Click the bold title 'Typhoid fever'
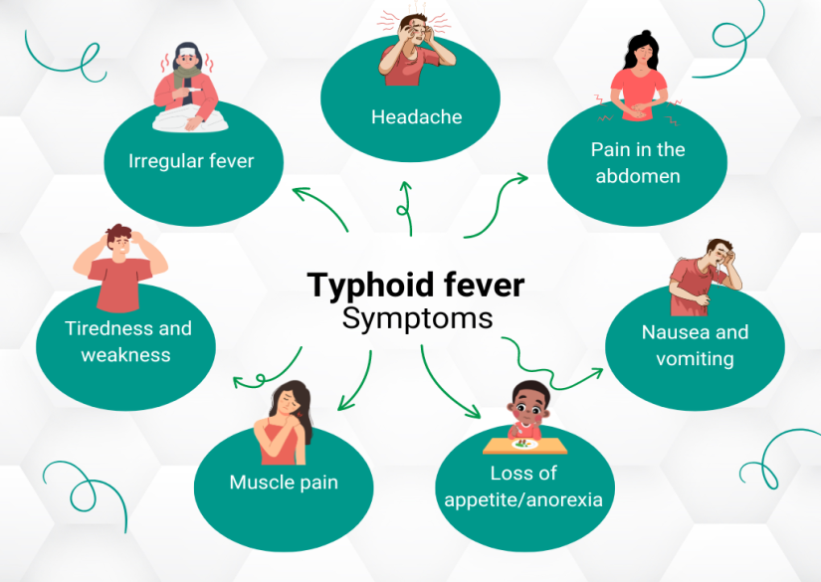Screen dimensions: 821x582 point(416,286)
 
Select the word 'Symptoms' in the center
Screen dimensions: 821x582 point(417,318)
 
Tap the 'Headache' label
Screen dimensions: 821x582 point(417,116)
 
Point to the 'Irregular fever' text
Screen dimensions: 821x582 point(191,161)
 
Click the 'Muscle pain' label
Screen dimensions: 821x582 point(284,483)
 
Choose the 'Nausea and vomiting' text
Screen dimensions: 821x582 point(695,345)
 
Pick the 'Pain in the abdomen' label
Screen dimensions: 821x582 point(638,163)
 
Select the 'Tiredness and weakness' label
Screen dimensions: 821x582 point(127,342)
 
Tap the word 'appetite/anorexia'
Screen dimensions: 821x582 point(523,499)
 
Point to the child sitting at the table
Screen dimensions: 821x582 point(527,411)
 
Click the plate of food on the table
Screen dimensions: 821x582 point(524,445)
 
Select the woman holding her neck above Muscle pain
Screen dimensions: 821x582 point(284,423)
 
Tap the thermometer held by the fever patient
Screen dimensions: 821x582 point(193,91)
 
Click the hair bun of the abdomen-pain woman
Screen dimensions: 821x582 point(646,34)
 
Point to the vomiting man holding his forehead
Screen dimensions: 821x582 point(705,278)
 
